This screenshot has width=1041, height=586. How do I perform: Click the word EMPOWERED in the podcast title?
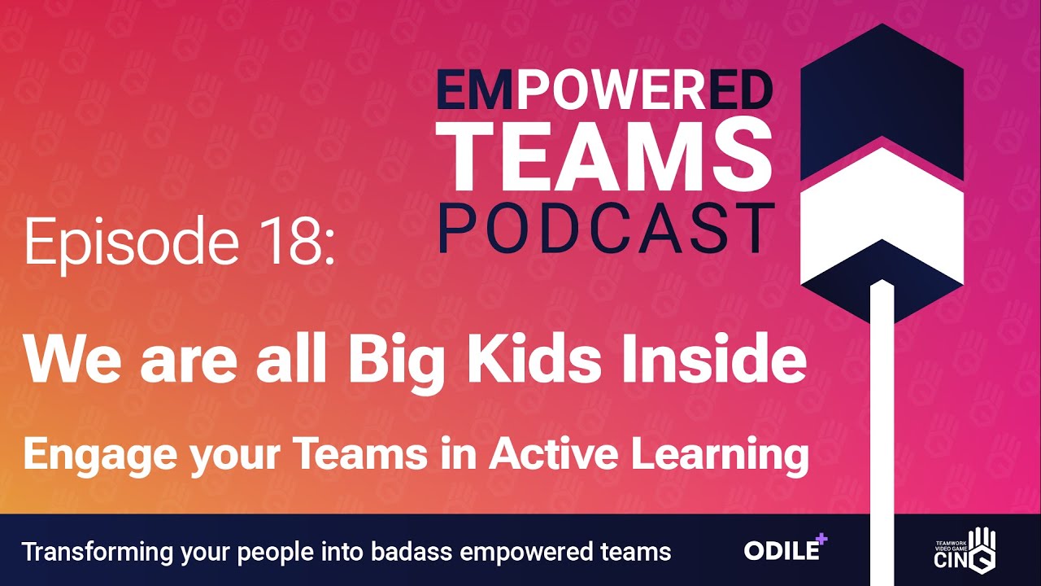(x=604, y=91)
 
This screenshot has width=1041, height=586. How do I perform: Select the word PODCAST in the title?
(x=607, y=228)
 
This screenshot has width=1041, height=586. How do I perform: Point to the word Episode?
(x=132, y=244)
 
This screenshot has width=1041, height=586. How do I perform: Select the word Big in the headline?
(x=399, y=365)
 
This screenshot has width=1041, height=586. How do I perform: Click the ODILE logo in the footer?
(x=786, y=548)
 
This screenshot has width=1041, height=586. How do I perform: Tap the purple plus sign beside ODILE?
(x=821, y=539)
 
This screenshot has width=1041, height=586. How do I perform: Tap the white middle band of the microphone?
(x=882, y=214)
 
